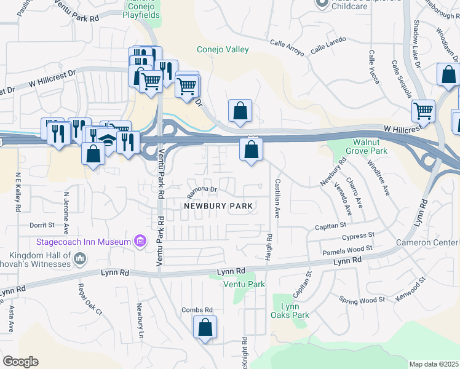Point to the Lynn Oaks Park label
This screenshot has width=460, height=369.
point(290,311)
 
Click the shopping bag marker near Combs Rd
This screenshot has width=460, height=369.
point(205,328)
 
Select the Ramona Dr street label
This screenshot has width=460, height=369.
point(202,189)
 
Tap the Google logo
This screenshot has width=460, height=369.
point(20,362)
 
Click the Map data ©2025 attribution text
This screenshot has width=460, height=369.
point(434,364)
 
